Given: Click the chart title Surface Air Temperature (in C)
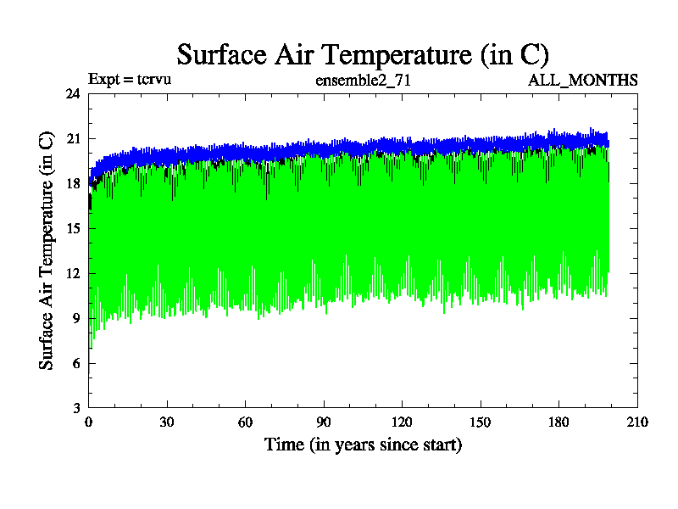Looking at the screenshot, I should tap(363, 54).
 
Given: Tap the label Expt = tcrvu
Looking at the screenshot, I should tap(130, 81).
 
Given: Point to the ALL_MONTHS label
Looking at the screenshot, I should tap(583, 81).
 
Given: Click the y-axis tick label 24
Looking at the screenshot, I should tap(73, 94).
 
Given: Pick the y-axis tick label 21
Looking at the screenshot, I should tap(73, 139).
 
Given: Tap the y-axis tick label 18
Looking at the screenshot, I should tap(73, 184).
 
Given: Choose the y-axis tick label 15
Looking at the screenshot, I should tap(73, 229).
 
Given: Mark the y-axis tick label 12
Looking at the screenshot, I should tap(73, 274).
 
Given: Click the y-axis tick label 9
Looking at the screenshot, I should tap(76, 319).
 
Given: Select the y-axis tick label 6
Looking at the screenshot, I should tap(76, 364).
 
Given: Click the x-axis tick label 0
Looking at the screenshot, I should tap(89, 422).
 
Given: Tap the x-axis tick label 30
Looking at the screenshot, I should tap(167, 422).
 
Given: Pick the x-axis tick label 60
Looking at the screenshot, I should tap(245, 422).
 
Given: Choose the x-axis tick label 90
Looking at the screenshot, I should tap(324, 422).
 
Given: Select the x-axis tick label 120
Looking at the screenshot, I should tap(402, 422).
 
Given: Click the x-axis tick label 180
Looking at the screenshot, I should tap(559, 422).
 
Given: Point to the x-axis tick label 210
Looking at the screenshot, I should tap(636, 422).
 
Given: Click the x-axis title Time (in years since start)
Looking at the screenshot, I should tap(363, 445).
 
